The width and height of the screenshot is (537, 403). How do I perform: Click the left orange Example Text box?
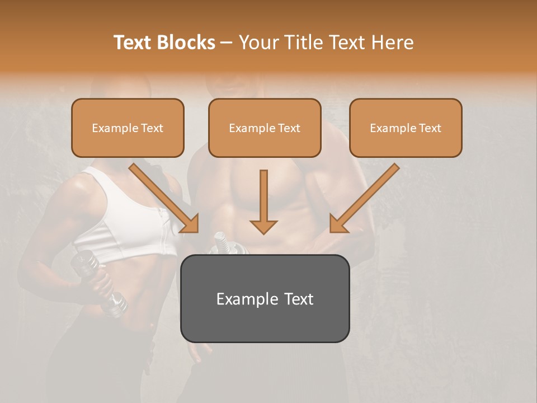point(128,128)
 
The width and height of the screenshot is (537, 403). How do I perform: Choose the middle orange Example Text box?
point(265,128)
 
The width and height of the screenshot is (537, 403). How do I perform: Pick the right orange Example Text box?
point(406,128)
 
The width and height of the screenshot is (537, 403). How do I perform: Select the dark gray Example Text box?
point(265,298)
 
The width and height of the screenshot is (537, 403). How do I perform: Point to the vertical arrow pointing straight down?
point(263,201)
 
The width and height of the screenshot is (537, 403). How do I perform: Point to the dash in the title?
point(227,43)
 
